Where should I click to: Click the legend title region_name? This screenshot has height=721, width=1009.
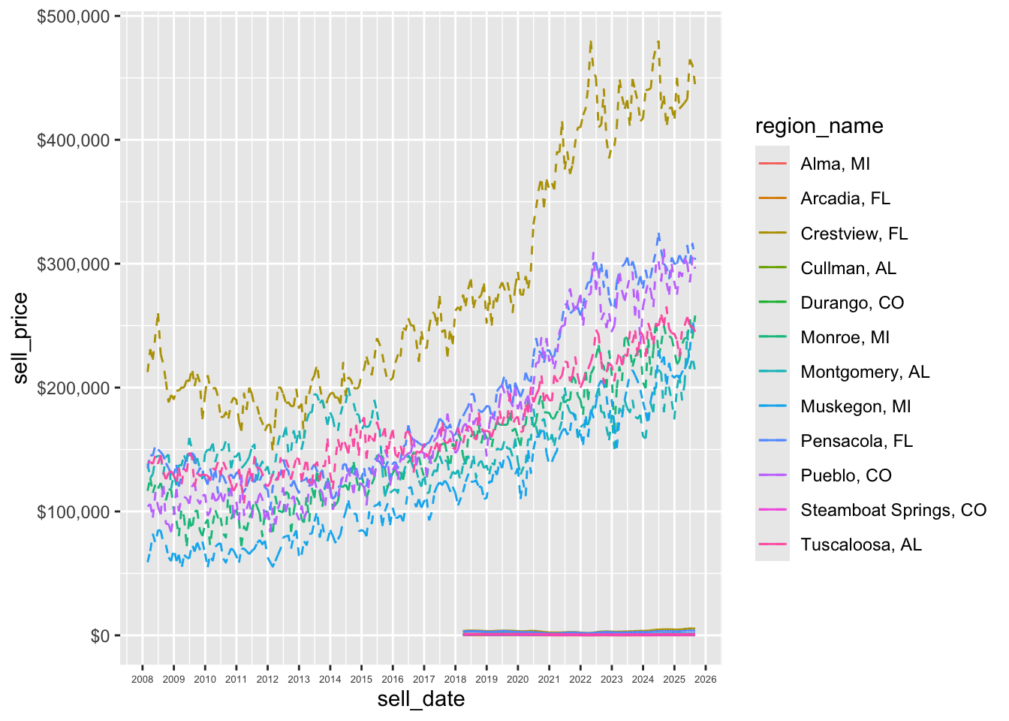819,126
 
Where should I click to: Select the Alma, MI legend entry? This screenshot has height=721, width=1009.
835,164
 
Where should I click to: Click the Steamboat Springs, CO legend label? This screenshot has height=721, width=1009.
893,510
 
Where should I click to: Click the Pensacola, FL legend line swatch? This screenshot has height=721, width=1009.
773,441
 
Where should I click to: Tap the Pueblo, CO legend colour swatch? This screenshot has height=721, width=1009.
773,475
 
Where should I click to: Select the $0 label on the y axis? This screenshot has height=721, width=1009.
100,636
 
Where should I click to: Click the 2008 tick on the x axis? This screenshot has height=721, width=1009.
142,679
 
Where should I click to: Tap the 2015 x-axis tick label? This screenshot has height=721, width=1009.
361,679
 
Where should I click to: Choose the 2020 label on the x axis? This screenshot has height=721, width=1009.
517,679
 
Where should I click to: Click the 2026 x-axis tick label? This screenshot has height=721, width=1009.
706,679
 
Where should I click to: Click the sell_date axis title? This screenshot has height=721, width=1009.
420,699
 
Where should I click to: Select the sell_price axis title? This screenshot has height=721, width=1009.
20,338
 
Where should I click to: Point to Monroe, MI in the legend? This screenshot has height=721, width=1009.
845,337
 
